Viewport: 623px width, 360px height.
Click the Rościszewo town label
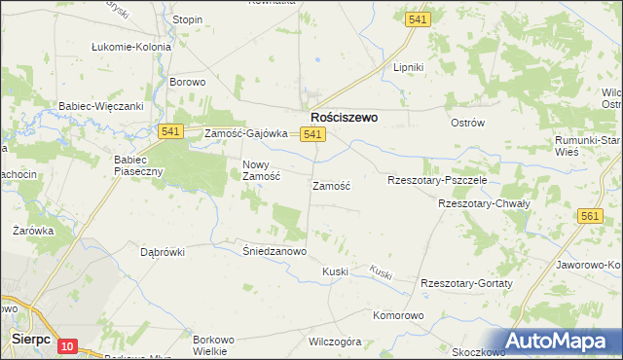pyautogui.click(x=344, y=116)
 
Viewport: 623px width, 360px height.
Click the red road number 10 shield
pyautogui.click(x=67, y=345)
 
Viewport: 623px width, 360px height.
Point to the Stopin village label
pyautogui.click(x=188, y=19)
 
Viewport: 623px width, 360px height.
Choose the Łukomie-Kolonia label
pyautogui.click(x=131, y=46)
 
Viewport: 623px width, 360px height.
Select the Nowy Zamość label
pyautogui.click(x=261, y=170)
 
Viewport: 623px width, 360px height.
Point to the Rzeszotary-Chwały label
pyautogui.click(x=483, y=204)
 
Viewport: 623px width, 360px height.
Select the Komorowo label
pyautogui.click(x=399, y=316)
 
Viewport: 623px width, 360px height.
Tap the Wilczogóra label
pyautogui.click(x=335, y=342)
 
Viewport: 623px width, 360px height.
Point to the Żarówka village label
pyautogui.click(x=32, y=231)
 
